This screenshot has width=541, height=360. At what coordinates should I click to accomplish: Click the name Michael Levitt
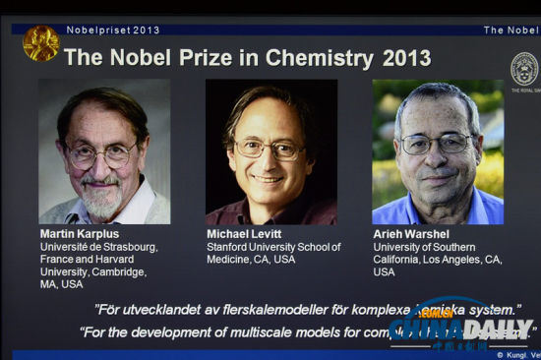pos(246,233)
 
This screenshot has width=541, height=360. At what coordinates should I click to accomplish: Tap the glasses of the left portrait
pos(101,154)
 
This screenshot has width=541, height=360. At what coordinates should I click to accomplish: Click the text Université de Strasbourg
pos(98,247)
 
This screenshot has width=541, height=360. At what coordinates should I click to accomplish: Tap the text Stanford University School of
pos(273,247)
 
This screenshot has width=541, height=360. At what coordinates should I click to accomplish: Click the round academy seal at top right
pos(524,68)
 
